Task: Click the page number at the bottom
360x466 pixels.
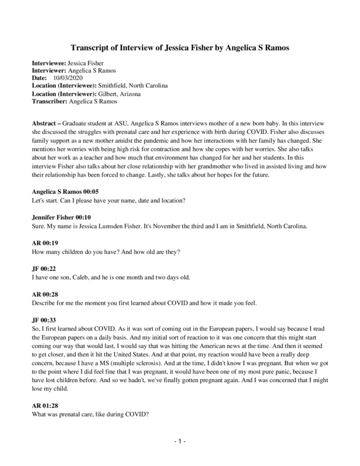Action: [179, 442]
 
